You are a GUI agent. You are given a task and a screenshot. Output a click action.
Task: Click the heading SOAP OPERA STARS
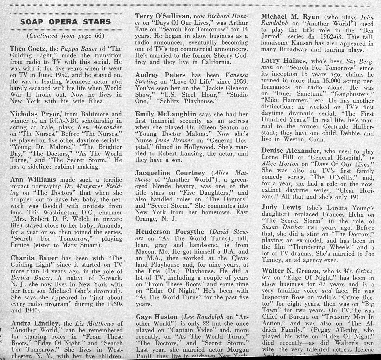point(66,22)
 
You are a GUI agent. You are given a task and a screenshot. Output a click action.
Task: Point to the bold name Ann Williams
point(33,180)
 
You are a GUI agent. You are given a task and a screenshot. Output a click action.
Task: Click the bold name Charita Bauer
point(34,258)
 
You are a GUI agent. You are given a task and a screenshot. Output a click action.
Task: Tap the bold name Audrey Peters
point(160,75)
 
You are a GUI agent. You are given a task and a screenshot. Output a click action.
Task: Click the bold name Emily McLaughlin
point(166,114)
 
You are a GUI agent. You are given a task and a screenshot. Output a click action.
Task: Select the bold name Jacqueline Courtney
point(170,173)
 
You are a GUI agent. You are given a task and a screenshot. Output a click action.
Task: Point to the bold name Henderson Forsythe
point(171,232)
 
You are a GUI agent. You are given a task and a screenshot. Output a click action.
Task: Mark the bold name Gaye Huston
point(157,317)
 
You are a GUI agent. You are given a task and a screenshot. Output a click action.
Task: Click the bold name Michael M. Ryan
point(290,17)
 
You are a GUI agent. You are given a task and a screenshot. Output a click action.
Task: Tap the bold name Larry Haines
point(284,61)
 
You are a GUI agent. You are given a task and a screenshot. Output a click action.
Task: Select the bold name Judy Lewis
point(281,208)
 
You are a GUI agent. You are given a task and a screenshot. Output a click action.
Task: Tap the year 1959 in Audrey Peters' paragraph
point(240,82)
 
